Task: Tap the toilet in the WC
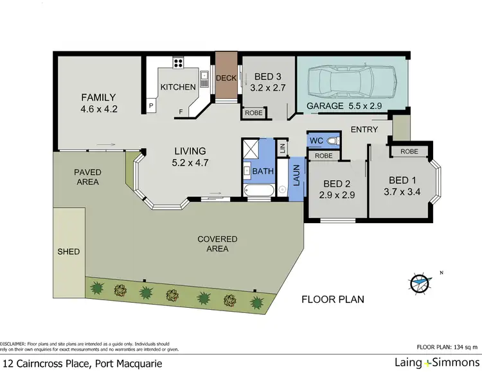point(330,140)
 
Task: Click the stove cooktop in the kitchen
point(177,63)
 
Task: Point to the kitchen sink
point(204,78)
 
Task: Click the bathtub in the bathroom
point(260,190)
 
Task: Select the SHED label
point(69,251)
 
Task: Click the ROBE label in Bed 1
point(409,152)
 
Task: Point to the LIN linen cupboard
point(281,148)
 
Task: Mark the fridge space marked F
point(181,112)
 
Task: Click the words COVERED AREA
point(217,244)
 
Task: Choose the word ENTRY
point(364,130)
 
